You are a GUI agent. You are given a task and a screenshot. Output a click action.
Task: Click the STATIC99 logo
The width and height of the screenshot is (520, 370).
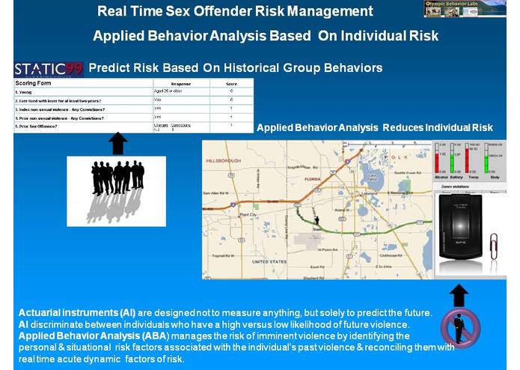coord(49,69)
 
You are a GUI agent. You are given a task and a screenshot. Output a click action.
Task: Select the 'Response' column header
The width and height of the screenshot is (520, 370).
coord(181,83)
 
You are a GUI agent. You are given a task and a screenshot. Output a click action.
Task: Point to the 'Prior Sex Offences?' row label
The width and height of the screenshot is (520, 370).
coord(37,126)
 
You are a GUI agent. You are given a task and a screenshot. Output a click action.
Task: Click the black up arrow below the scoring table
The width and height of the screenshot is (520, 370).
coord(117,143)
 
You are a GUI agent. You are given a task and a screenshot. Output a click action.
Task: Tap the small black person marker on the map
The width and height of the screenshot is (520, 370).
coord(316,220)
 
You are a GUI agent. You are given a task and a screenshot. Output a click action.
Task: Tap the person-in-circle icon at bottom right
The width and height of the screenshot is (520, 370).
coord(459,328)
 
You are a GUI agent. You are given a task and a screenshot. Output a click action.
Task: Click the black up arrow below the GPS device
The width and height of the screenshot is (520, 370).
coord(459,294)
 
